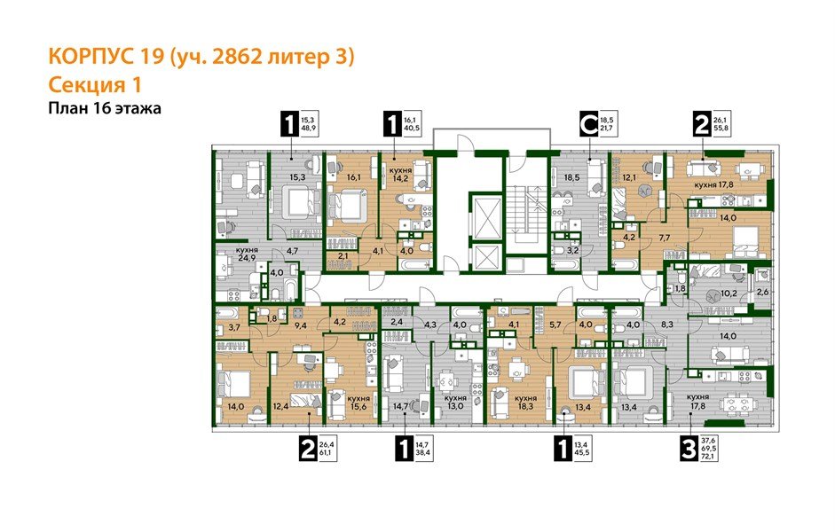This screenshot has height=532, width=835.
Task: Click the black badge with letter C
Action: coord(587,123)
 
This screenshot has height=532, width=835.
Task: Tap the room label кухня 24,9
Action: coord(247,256)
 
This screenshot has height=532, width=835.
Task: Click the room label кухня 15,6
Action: coord(358,403)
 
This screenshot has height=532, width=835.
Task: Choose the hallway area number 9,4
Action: coord(300,326)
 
